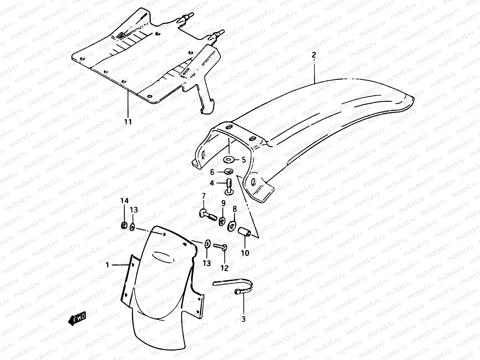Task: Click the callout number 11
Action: pyautogui.click(x=128, y=122)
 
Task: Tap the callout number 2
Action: pyautogui.click(x=314, y=55)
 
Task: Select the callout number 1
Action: pyautogui.click(x=107, y=265)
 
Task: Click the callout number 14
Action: pyautogui.click(x=124, y=201)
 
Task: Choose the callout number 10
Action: pyautogui.click(x=245, y=253)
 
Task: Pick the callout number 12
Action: pyautogui.click(x=224, y=268)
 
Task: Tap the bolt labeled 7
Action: pyautogui.click(x=207, y=215)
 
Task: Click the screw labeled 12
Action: pyautogui.click(x=221, y=247)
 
